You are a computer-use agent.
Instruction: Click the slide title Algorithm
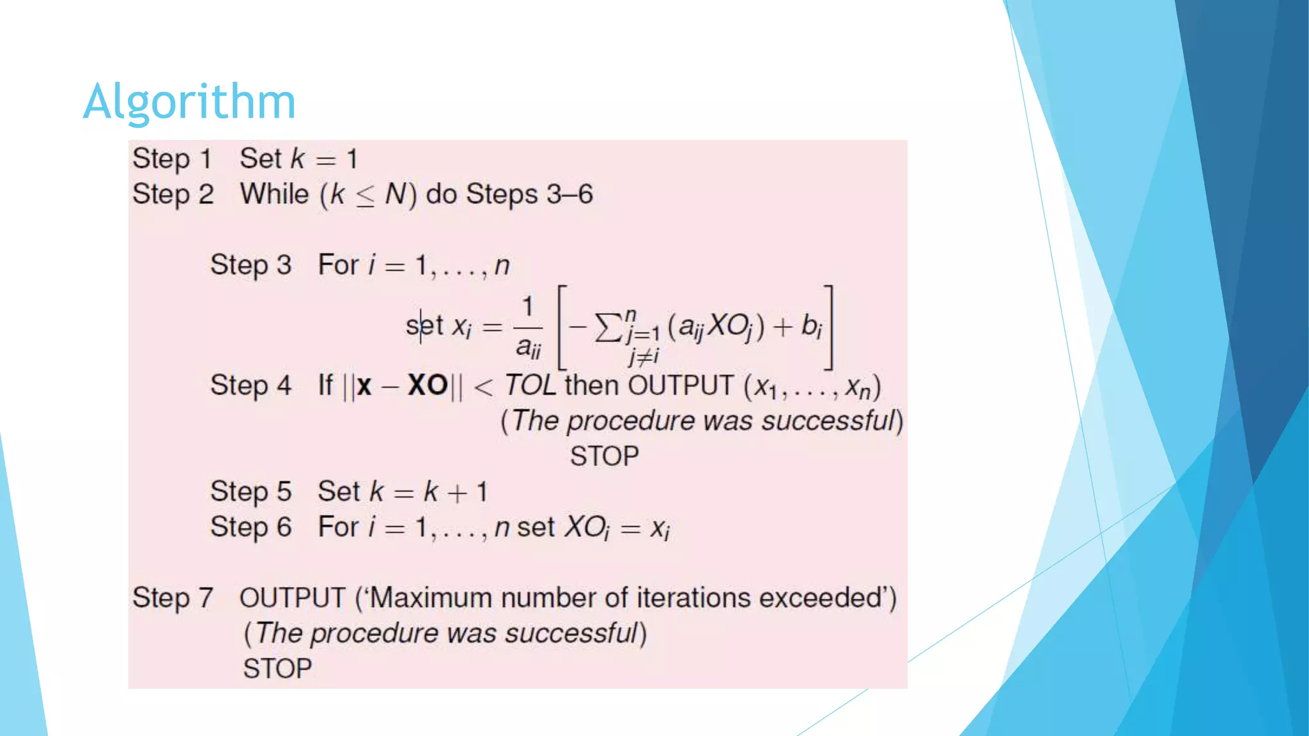[189, 102]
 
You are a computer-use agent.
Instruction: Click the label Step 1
[172, 159]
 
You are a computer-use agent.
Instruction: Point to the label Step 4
[251, 386]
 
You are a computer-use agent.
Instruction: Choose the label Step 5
[251, 492]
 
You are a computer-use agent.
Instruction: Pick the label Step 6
[251, 528]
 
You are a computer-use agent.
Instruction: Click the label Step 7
[173, 599]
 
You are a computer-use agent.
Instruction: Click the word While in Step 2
[274, 194]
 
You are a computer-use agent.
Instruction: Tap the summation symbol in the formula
[608, 327]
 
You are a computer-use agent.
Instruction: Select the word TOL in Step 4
[530, 385]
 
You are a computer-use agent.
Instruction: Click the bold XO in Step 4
[428, 385]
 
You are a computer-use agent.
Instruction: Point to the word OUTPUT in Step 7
[292, 599]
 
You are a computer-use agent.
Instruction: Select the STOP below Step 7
[277, 669]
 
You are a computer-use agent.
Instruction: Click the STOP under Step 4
[604, 456]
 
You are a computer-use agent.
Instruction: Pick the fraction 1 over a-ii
[528, 327]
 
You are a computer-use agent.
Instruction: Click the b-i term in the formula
[812, 326]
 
